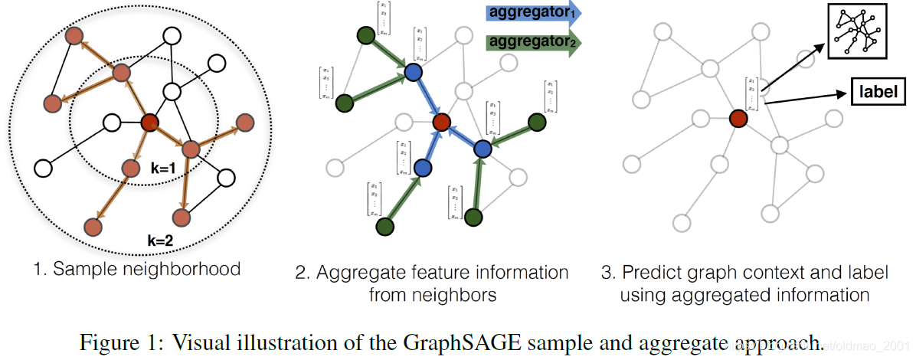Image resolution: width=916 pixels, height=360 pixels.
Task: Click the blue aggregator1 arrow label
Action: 533,14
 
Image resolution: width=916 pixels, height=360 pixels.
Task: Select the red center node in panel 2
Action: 440,122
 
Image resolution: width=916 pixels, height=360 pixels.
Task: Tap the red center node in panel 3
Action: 738,119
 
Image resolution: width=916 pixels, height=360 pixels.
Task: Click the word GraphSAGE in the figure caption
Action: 473,342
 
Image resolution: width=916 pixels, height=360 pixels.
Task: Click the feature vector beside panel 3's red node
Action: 752,94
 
